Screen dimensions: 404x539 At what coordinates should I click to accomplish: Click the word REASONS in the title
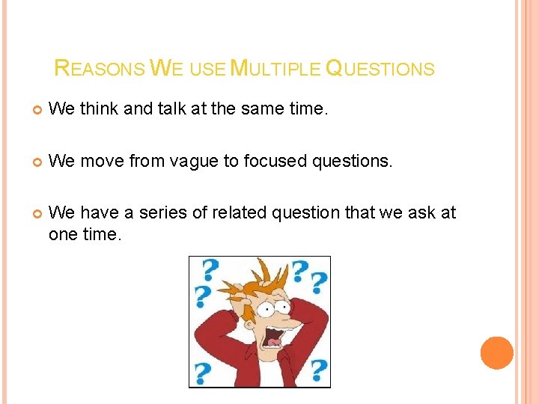click(100, 70)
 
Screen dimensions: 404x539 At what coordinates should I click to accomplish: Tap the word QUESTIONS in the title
click(380, 70)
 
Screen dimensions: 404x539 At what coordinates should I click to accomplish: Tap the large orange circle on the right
click(496, 352)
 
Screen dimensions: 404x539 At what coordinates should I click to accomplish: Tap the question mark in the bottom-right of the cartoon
click(317, 369)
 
